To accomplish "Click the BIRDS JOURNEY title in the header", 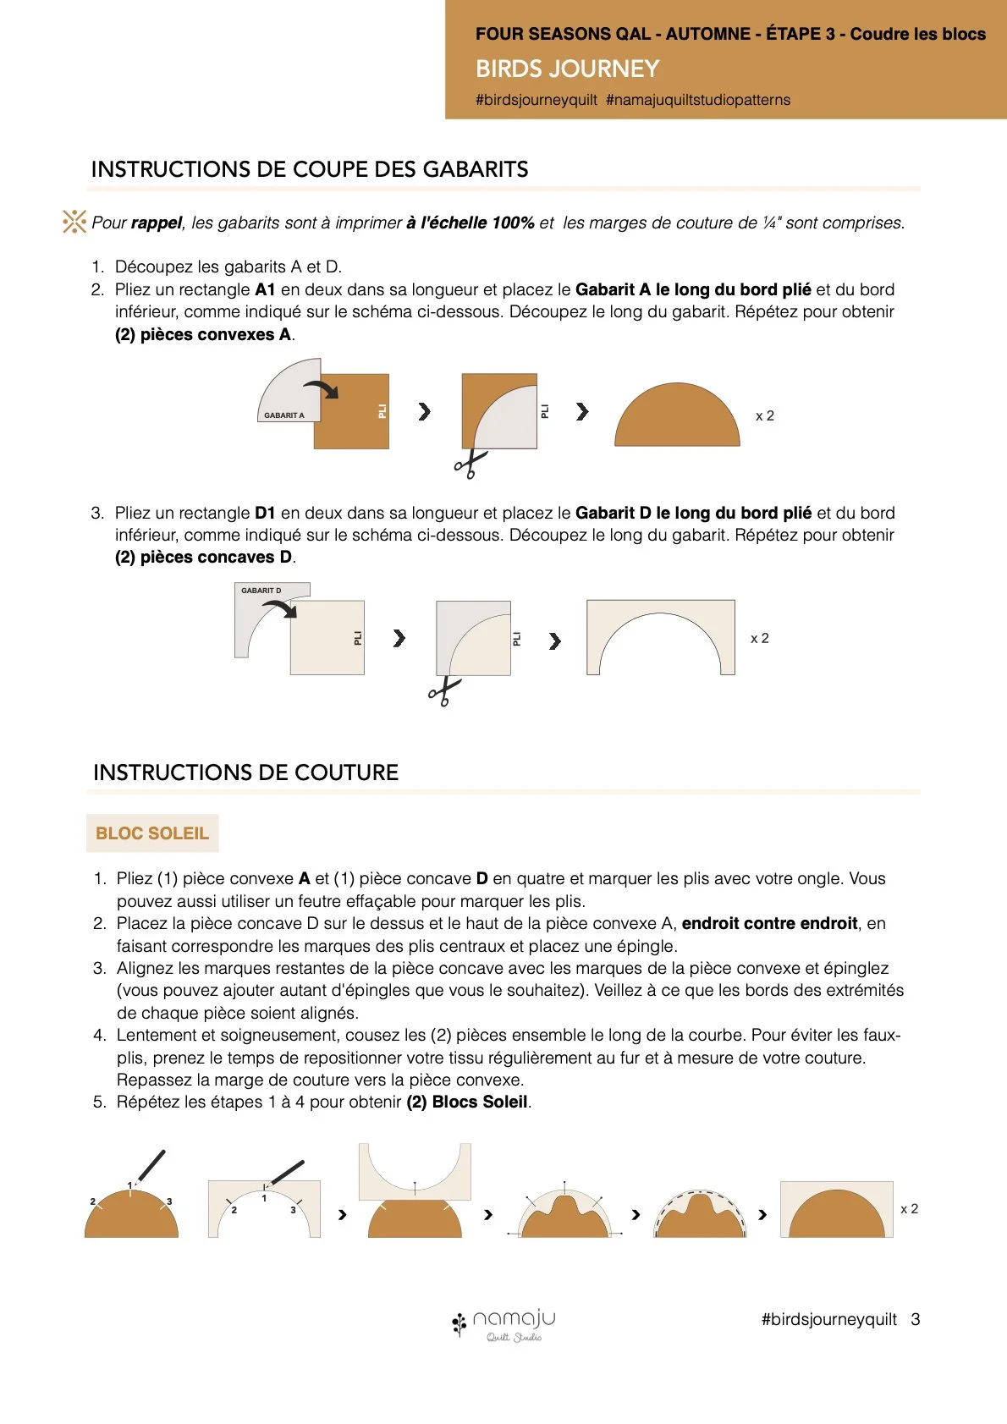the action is coord(567,69).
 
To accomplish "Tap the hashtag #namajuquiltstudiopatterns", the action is coord(698,100).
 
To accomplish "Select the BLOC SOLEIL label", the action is coord(152,833).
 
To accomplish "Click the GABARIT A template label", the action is coord(284,415).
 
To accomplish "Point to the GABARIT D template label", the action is coord(261,591).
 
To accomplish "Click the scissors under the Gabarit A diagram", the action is coord(470,464).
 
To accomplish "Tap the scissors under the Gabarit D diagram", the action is coord(444,691).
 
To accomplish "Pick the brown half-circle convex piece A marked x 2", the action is coord(677,415).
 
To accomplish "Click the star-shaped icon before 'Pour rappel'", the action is coord(74,222).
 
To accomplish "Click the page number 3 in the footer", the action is coord(916,1319).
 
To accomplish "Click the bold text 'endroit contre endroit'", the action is coord(769,923).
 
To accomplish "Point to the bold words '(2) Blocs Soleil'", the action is coord(467,1102).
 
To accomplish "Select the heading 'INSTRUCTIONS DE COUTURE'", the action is coord(246,772).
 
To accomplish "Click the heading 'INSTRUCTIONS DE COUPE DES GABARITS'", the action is coord(310,169).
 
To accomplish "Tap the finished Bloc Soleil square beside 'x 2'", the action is coord(837,1209).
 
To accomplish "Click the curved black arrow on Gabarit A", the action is coord(321,388).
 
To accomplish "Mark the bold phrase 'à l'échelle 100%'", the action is coord(470,223).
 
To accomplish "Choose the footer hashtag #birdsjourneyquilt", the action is coord(829,1319).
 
